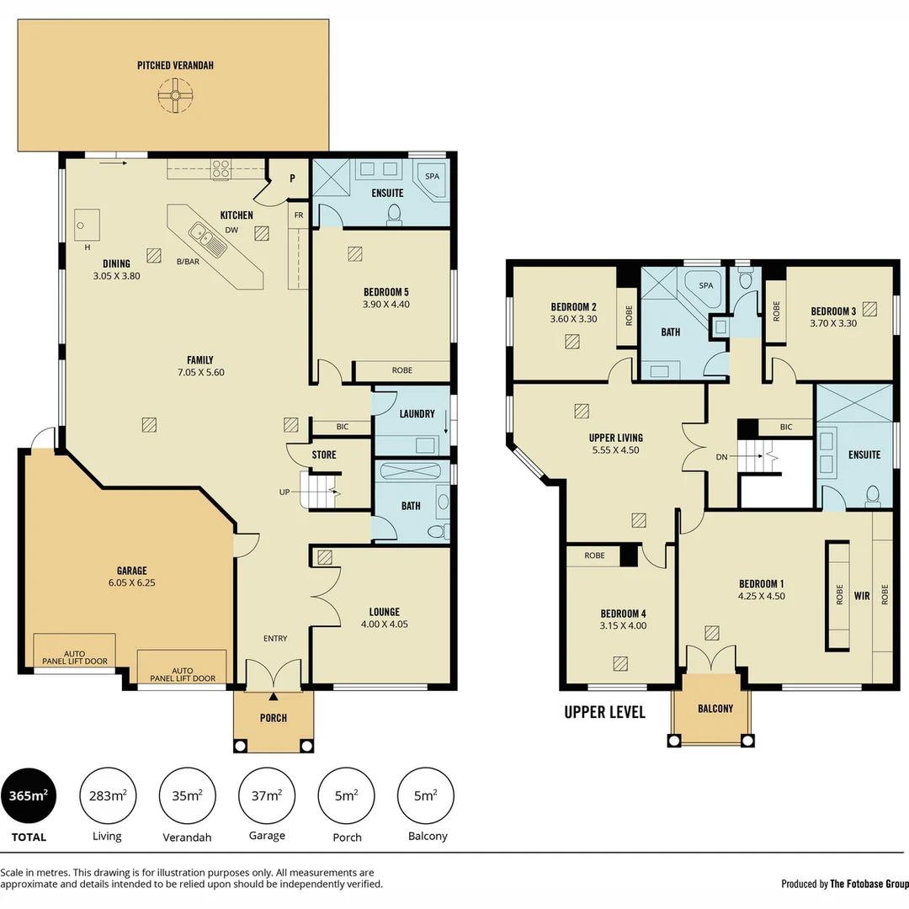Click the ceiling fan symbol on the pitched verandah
click(x=175, y=95)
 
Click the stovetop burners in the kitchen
click(x=221, y=168)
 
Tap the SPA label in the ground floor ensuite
click(x=433, y=177)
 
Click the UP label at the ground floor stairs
click(x=284, y=492)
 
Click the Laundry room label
click(x=417, y=414)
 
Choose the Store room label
click(x=324, y=454)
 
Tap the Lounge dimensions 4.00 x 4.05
click(x=384, y=625)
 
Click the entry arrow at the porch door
click(x=274, y=696)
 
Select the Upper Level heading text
click(x=604, y=712)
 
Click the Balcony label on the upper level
click(x=715, y=709)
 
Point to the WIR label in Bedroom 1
click(x=862, y=595)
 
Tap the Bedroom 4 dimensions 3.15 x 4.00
click(x=623, y=626)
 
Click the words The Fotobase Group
click(x=869, y=884)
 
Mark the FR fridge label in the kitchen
click(x=298, y=215)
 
